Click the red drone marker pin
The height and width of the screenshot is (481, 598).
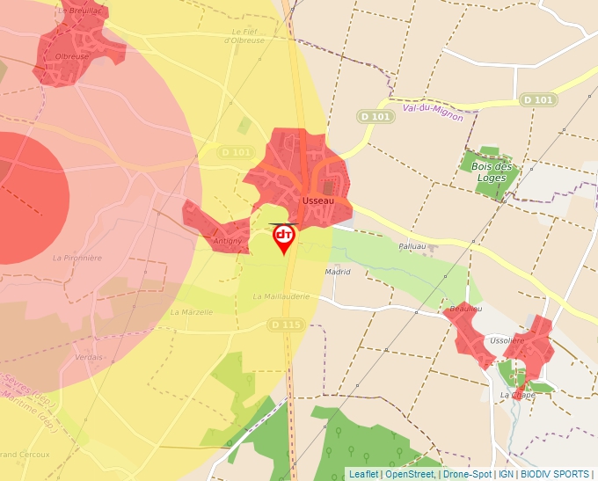tap(283, 237)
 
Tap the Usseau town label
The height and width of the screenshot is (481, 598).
tap(317, 201)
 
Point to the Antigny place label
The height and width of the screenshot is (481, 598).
tap(227, 241)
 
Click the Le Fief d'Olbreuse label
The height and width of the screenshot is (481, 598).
tap(244, 36)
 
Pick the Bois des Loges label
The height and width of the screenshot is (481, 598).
tap(492, 171)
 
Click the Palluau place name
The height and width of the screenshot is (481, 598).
tap(412, 247)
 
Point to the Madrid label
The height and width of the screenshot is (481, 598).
tap(338, 272)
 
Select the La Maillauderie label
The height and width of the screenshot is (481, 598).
tap(281, 296)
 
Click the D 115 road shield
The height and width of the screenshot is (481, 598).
tap(286, 324)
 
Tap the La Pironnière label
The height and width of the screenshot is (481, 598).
tap(77, 258)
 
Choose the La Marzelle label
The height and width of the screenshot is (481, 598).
tap(191, 311)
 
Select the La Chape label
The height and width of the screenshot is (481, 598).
tap(517, 395)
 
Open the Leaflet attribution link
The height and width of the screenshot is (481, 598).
tap(363, 474)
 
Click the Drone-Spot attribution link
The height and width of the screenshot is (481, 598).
tap(467, 474)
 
